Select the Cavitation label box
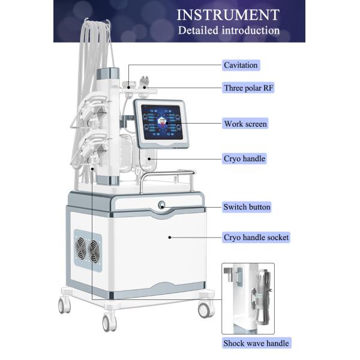click(241, 65)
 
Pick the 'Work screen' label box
click(245, 124)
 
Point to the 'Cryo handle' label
click(244, 158)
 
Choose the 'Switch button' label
click(247, 207)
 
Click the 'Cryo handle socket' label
click(256, 238)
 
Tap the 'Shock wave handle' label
click(256, 344)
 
